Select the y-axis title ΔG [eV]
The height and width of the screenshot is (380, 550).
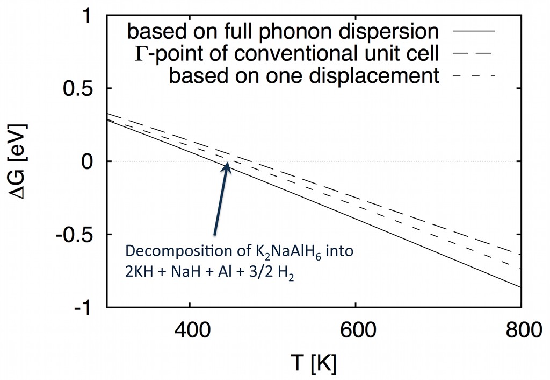pos(20,161)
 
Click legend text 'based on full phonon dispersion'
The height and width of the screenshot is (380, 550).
pos(283,31)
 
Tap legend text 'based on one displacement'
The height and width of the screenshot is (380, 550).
pos(304,75)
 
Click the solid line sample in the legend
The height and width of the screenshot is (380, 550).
pos(474,32)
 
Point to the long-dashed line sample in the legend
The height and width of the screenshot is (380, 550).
pos(474,54)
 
